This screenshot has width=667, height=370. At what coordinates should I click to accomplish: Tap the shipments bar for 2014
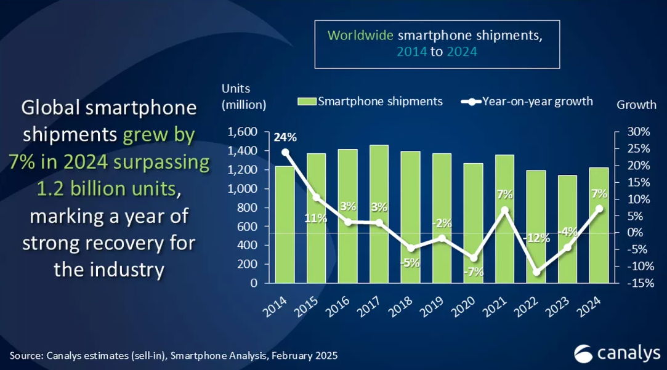[x=285, y=225]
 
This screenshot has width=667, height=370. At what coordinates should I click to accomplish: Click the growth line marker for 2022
[x=536, y=272]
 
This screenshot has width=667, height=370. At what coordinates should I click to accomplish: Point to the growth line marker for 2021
[x=504, y=210]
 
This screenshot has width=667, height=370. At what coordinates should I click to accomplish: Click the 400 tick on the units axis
[x=246, y=246]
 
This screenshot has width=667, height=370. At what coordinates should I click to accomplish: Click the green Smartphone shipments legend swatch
[x=307, y=102]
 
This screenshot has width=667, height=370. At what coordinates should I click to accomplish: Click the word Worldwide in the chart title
[x=360, y=35]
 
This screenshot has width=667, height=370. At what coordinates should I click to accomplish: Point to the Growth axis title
[x=636, y=105]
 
